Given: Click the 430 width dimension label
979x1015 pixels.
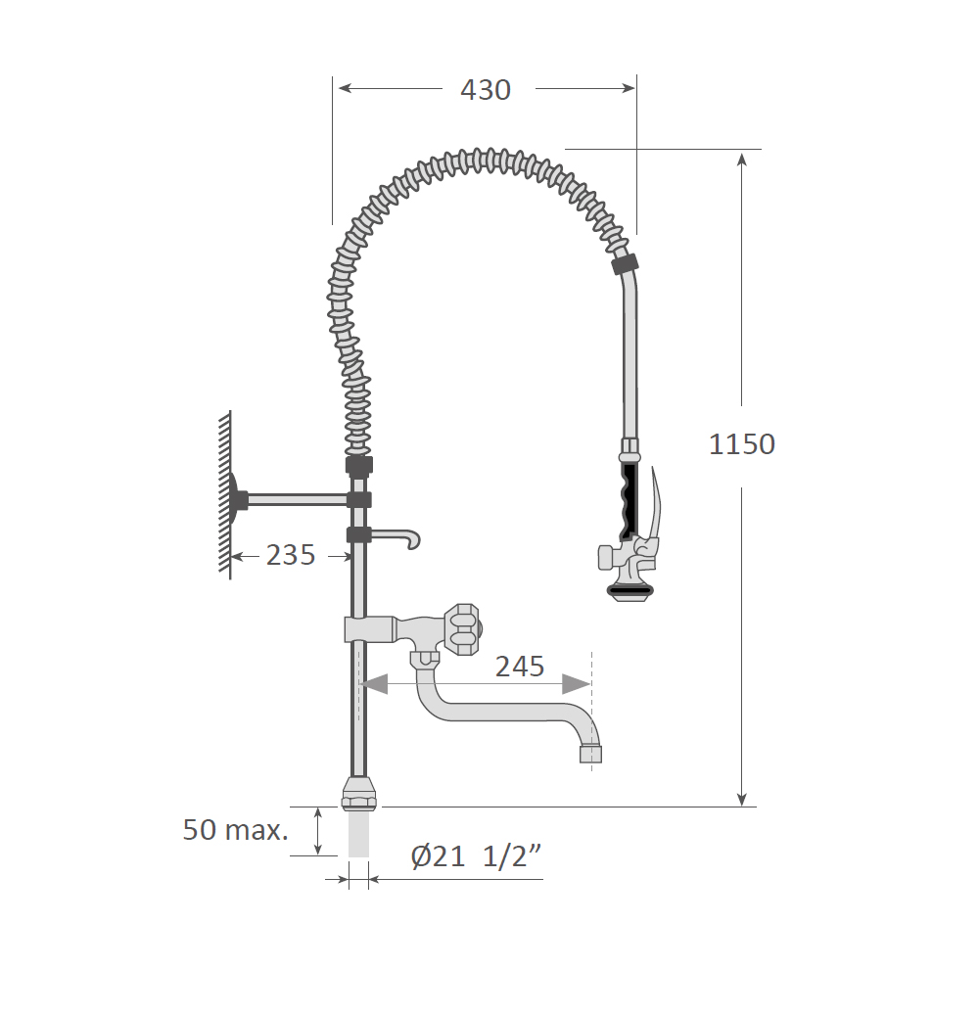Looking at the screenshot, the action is [486, 90].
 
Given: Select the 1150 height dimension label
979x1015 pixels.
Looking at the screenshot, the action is [742, 444].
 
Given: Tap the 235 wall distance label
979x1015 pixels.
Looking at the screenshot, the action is [291, 555].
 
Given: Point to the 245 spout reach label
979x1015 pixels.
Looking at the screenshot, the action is [520, 667].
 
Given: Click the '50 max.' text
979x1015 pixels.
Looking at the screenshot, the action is [236, 830].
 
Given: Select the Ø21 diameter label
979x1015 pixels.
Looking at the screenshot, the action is [438, 857].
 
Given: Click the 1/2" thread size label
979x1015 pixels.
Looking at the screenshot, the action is [512, 857].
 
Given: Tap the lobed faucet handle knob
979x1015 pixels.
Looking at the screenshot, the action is [463, 629].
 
